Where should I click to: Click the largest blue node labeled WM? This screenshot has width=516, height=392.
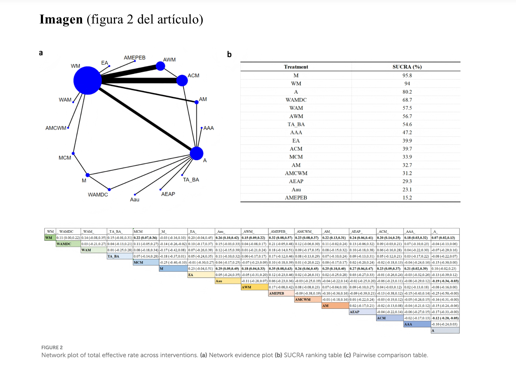point(88,81)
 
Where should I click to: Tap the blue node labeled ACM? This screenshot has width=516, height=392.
point(182,81)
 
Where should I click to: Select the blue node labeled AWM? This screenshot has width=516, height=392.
point(160,66)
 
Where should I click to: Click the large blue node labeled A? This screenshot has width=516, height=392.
point(197,153)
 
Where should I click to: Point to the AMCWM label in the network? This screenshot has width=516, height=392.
point(56,128)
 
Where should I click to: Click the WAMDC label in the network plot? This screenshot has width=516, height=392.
point(98,195)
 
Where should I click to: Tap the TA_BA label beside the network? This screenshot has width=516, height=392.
point(191,180)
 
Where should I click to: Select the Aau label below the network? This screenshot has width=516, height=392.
point(134,200)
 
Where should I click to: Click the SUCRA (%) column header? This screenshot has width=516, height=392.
point(407,67)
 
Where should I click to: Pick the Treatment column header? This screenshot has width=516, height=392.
point(296,67)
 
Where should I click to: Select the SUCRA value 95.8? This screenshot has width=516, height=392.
point(407,75)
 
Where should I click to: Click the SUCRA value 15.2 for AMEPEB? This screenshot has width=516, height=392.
point(407,198)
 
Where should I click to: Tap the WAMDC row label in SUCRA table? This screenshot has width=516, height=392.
point(296,100)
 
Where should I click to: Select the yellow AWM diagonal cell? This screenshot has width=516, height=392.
point(254,287)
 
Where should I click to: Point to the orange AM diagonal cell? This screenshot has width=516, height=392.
point(335,306)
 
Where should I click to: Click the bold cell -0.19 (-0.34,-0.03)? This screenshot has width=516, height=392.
point(445,281)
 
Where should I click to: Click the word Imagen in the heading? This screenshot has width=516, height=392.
point(61,19)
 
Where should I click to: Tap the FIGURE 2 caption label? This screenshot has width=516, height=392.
point(52,347)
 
